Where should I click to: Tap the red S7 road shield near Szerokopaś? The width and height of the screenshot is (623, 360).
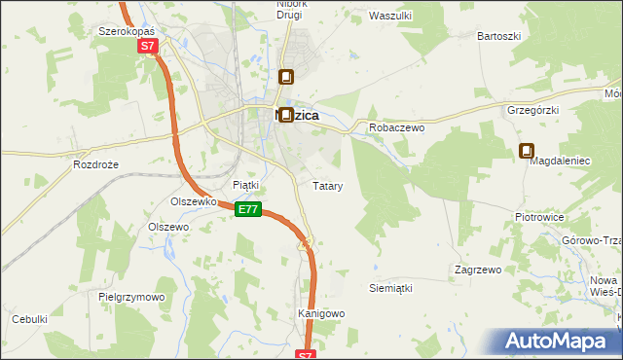146,46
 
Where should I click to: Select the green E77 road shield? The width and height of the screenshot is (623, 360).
248,209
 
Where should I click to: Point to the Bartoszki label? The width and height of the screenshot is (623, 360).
498,36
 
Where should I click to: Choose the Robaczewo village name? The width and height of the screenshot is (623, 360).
393,127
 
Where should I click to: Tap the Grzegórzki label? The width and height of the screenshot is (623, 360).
532,111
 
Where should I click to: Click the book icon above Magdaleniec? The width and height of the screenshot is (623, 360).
527,151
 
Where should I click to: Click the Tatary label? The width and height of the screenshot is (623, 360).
326,185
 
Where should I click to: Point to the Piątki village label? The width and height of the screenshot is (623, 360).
245,184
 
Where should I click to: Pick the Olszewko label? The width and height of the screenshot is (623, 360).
192,201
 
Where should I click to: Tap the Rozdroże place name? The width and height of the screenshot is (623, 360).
95,164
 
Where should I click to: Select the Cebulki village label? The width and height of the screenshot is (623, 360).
29,319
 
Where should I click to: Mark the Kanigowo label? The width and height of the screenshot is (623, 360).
321,314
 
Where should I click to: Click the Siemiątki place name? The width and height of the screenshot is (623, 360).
391,289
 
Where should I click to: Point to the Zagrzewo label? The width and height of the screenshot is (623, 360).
477,269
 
